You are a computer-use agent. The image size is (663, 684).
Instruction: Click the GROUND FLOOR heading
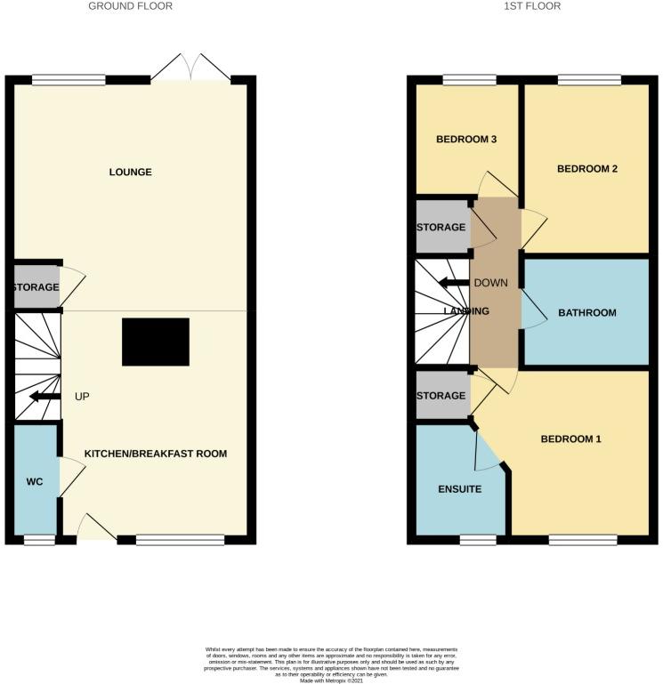pyautogui.click(x=130, y=6)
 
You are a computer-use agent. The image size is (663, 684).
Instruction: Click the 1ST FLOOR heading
pyautogui.click(x=531, y=6)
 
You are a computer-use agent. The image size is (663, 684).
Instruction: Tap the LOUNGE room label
pyautogui.click(x=131, y=172)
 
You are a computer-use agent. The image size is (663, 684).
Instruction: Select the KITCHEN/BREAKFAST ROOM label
pyautogui.click(x=156, y=454)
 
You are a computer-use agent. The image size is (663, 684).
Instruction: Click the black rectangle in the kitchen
pyautogui.click(x=156, y=342)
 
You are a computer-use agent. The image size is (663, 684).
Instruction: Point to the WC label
pyautogui.click(x=35, y=482)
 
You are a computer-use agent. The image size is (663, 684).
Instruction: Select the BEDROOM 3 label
pyautogui.click(x=466, y=140)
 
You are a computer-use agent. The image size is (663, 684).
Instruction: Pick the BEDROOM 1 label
pyautogui.click(x=571, y=439)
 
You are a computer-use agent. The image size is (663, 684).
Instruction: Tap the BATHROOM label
pyautogui.click(x=586, y=312)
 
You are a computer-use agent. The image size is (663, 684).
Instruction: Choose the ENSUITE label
pyautogui.click(x=459, y=489)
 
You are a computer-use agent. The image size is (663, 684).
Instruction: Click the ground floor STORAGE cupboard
pyautogui.click(x=36, y=287)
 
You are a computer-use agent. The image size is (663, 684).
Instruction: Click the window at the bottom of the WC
pyautogui.click(x=38, y=539)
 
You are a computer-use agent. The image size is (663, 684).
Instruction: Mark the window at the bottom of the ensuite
pyautogui.click(x=478, y=539)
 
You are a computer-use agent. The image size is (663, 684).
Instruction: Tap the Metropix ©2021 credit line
pyautogui.click(x=331, y=680)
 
